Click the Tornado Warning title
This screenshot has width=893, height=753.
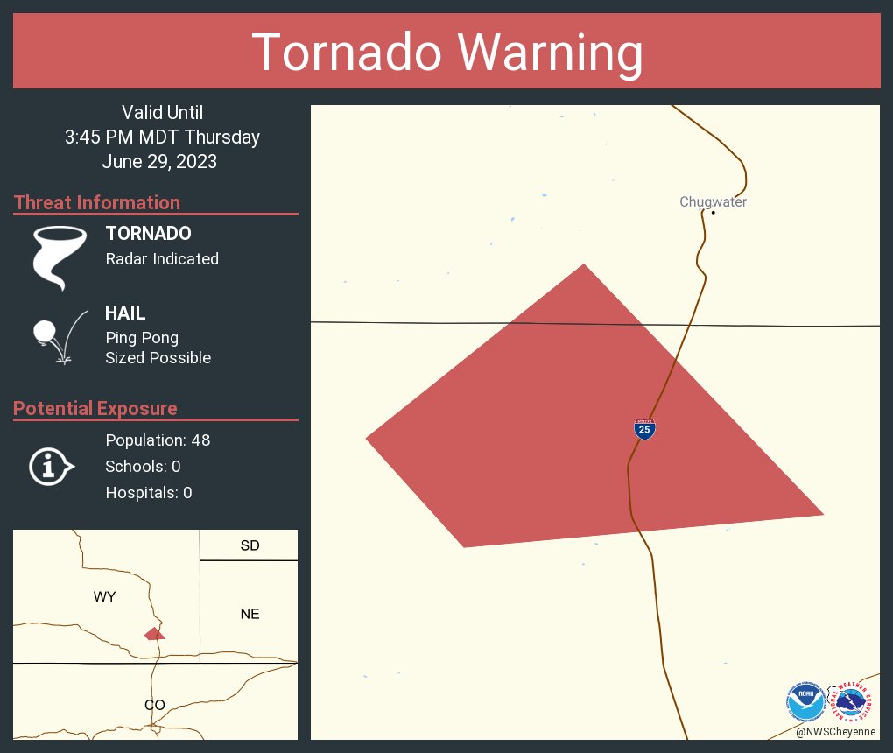(446, 53)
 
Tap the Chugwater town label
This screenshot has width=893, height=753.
(713, 202)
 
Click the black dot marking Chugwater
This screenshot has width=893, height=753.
(714, 212)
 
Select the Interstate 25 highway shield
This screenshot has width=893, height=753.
(644, 429)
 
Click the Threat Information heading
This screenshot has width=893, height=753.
(97, 202)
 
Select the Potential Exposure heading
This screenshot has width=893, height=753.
(95, 408)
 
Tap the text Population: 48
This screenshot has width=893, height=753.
(158, 440)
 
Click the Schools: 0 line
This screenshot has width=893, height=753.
(143, 466)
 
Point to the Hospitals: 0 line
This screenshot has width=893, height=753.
(148, 492)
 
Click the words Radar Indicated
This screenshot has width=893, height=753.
(162, 258)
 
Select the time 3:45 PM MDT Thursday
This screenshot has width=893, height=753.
(162, 137)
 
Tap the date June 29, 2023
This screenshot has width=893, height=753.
(159, 161)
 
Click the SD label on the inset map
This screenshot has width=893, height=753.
(250, 545)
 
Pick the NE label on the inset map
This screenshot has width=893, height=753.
(250, 614)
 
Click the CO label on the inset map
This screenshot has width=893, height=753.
(154, 705)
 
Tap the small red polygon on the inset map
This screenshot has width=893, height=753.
(154, 633)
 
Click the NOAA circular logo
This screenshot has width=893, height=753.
(805, 701)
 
